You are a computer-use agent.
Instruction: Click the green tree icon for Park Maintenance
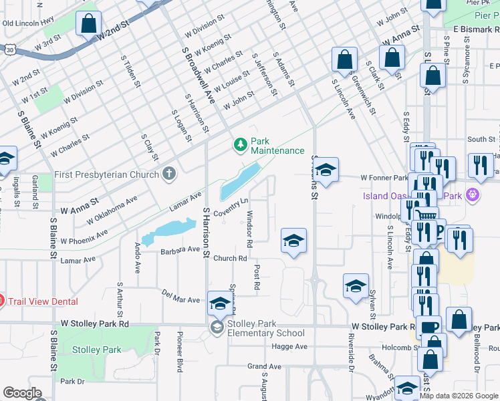(240, 144)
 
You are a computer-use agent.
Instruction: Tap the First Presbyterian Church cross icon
(170, 174)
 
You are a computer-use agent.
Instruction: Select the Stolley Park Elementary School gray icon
(217, 327)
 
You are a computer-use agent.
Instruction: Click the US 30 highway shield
(8, 49)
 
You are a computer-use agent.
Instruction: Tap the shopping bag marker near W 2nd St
(88, 25)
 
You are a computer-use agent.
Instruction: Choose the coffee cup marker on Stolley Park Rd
(431, 328)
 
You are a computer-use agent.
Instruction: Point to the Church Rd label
(231, 258)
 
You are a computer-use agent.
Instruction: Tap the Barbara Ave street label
(180, 250)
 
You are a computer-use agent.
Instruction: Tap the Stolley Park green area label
(97, 350)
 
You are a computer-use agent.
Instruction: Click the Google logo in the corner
(22, 393)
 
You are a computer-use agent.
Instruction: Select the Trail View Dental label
(42, 301)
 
